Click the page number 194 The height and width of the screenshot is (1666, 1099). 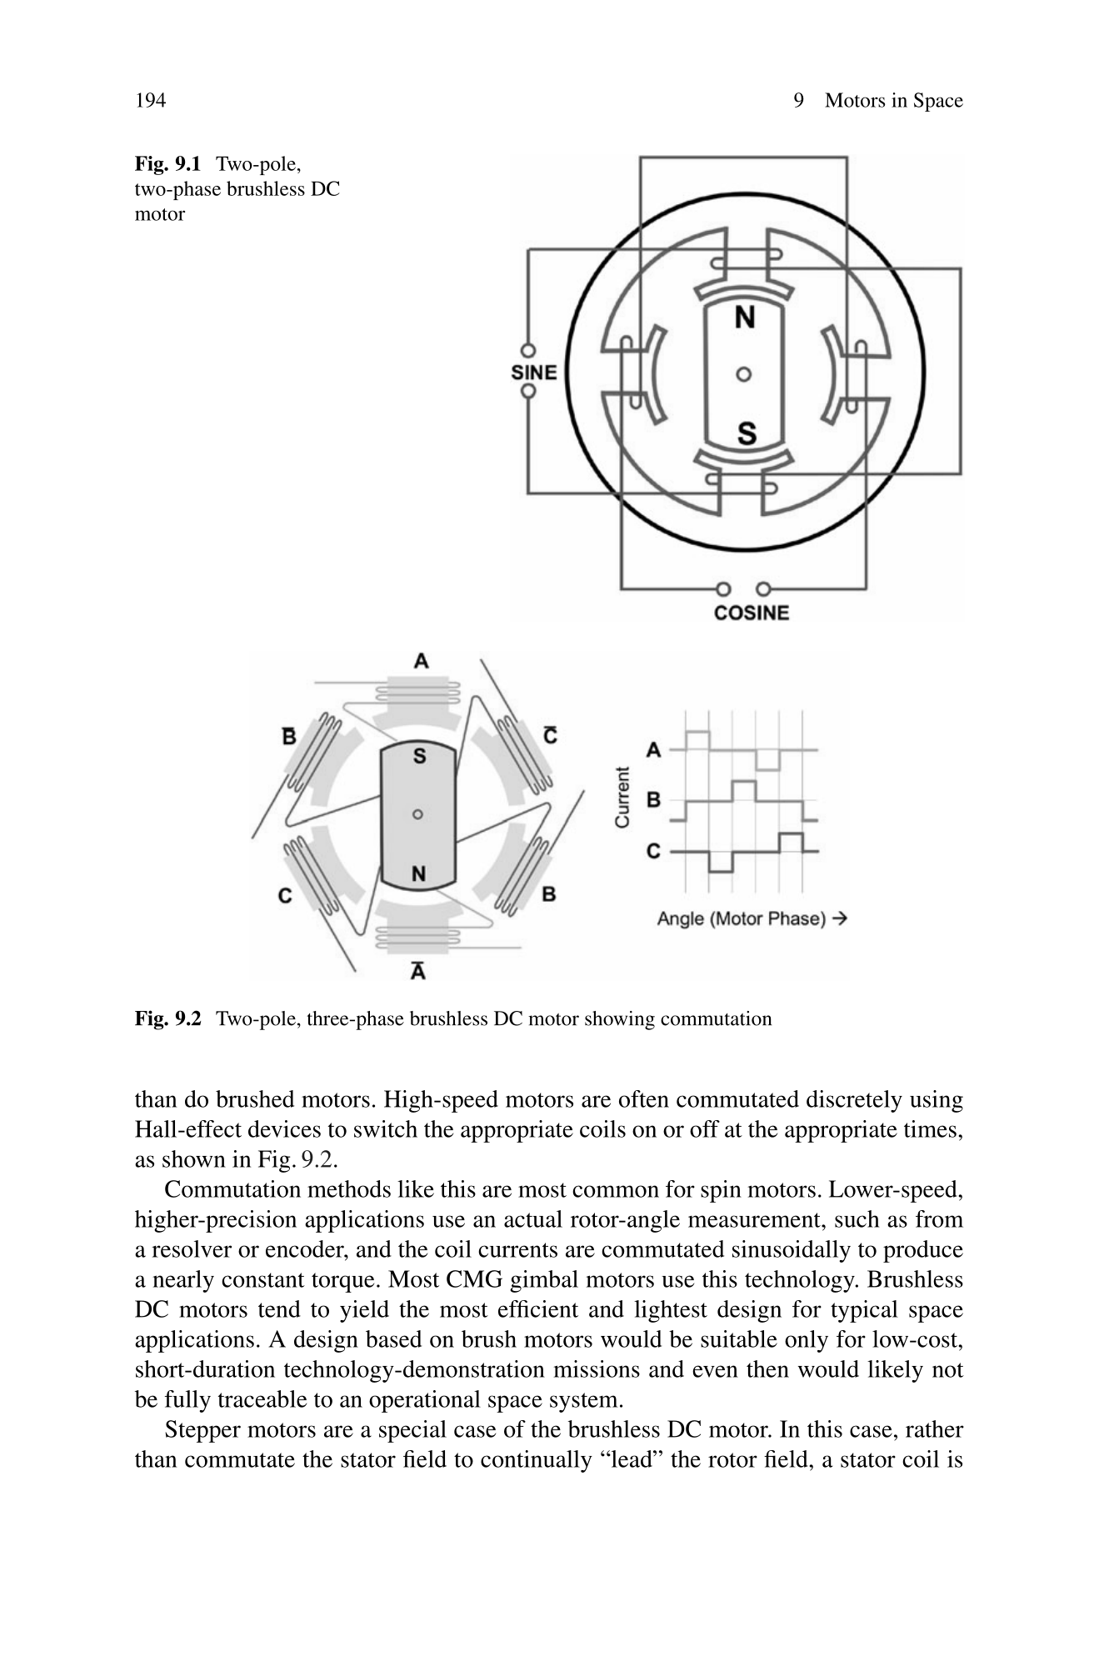click(x=150, y=101)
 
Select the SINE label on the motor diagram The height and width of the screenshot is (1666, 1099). click(x=534, y=372)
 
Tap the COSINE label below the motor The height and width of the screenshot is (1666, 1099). click(x=751, y=613)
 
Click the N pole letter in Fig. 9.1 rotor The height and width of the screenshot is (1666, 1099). click(x=745, y=318)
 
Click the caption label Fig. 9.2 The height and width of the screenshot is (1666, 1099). click(x=167, y=1018)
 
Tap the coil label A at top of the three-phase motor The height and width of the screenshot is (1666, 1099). click(x=422, y=662)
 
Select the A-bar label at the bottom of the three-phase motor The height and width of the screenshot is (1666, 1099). click(x=419, y=971)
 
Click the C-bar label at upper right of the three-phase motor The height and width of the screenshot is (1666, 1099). click(x=551, y=736)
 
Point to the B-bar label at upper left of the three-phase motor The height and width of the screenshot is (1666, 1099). click(x=288, y=737)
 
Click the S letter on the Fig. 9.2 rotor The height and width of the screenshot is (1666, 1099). click(x=419, y=757)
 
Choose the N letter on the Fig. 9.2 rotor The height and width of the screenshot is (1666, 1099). click(x=418, y=873)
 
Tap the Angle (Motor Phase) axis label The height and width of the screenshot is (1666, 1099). click(x=752, y=918)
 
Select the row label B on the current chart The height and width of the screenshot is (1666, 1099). click(x=654, y=800)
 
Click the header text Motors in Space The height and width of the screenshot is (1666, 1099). click(x=893, y=101)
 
